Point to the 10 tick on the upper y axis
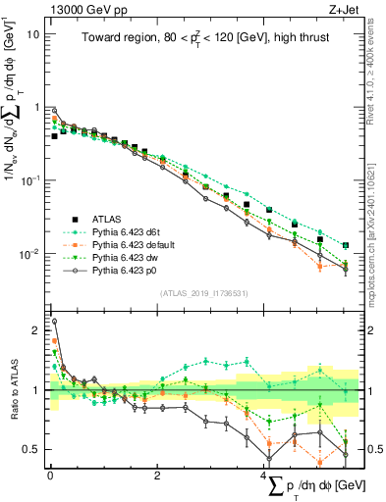tap(32, 33)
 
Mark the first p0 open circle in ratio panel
tap(54, 321)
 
